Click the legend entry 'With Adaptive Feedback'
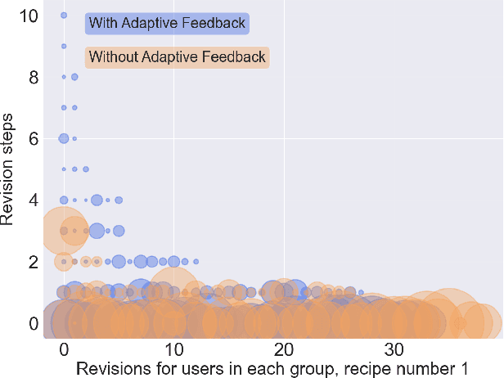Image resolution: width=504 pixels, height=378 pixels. click(167, 23)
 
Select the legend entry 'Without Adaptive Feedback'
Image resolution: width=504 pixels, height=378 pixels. click(177, 57)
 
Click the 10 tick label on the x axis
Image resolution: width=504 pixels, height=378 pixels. click(173, 345)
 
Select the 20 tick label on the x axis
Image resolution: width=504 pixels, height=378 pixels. click(284, 345)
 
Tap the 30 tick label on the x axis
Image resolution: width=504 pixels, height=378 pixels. click(394, 345)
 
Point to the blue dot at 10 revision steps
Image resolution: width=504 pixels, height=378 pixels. click(64, 16)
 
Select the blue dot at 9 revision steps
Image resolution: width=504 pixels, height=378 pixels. click(64, 46)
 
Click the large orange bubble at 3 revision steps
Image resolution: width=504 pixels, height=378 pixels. click(63, 231)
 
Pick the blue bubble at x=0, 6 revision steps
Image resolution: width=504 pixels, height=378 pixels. click(64, 138)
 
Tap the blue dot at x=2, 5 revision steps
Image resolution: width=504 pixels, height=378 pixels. click(86, 169)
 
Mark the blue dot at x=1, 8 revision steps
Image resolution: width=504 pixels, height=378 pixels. click(74, 77)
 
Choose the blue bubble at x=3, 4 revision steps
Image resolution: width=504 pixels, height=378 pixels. click(97, 200)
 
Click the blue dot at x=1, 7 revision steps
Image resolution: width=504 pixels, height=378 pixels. click(74, 107)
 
